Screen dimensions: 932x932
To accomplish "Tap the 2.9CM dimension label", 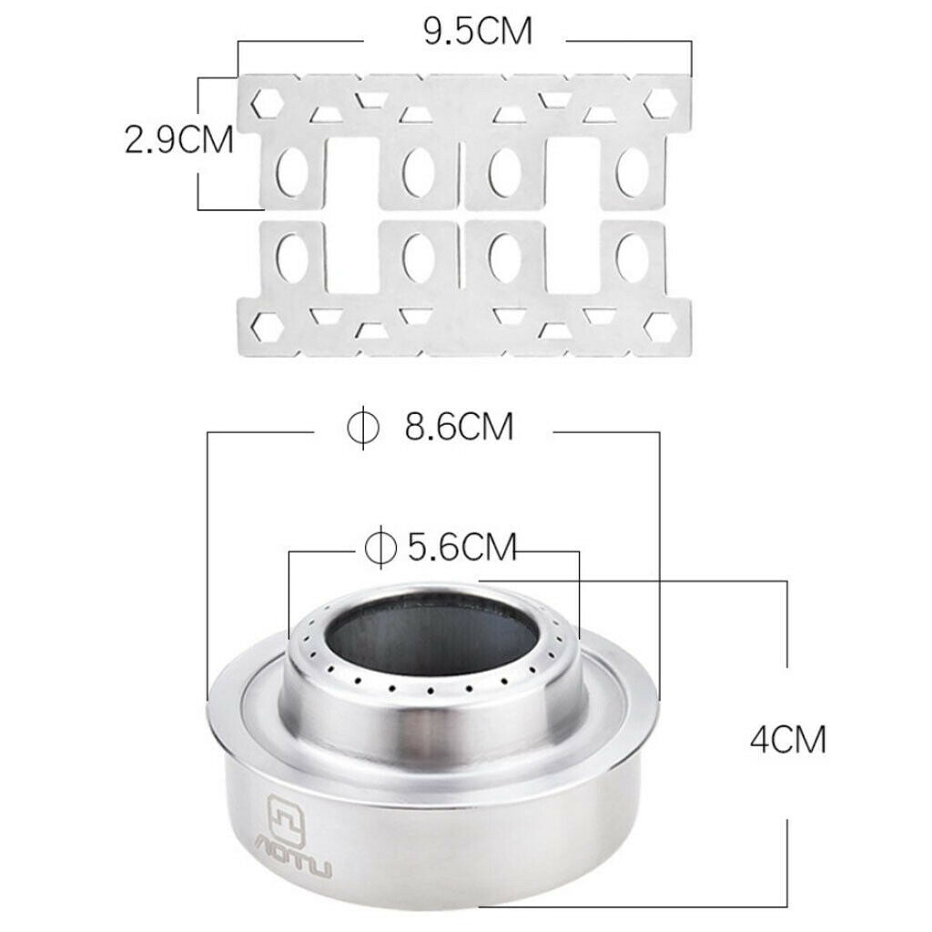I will [x=179, y=141].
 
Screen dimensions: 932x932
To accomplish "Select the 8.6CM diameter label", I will [x=459, y=426].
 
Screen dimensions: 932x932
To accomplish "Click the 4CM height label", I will [x=788, y=740].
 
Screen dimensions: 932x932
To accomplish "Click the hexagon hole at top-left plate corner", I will [x=267, y=100].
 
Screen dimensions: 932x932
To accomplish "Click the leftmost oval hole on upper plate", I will [x=293, y=171].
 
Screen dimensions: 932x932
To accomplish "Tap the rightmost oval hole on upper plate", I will [x=630, y=171].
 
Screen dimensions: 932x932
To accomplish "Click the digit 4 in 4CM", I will [x=760, y=740].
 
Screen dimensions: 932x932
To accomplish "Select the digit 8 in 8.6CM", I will [x=418, y=426].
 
